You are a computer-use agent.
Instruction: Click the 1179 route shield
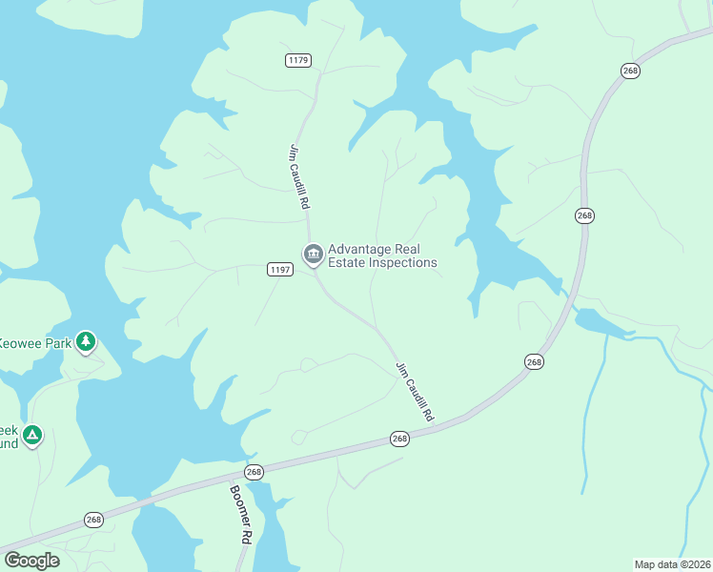coord(297,60)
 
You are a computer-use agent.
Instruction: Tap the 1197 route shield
coord(279,271)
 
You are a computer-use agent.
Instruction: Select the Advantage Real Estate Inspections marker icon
coord(312,255)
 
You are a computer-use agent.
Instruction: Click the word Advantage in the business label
coord(357,249)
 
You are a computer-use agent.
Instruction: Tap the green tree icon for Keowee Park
coord(86,341)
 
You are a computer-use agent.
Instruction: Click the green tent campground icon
coord(31,437)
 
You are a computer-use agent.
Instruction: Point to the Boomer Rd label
coord(239,514)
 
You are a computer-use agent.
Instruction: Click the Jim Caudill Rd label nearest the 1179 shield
coord(299,176)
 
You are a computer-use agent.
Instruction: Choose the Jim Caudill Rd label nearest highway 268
coord(415,391)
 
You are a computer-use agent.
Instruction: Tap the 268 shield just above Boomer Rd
coord(254,472)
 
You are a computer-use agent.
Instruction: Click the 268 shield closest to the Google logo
coord(93,520)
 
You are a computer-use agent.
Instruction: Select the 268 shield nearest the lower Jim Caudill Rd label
coord(399,439)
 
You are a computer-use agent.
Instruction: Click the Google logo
coord(31,561)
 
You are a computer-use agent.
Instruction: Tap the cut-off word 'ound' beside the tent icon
coord(9,443)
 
